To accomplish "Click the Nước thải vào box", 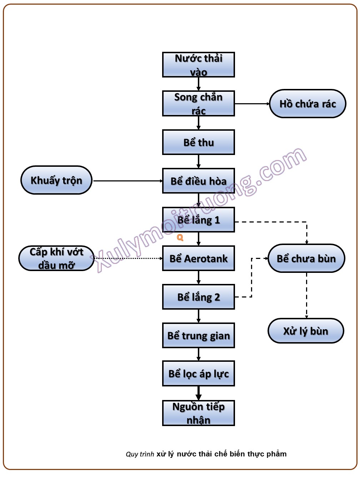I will click(198, 65).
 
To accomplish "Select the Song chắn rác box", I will click(198, 104).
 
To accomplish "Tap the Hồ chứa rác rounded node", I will click(307, 104).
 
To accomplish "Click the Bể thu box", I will click(198, 142).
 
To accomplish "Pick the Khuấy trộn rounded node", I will click(56, 180).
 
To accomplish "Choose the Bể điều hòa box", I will click(198, 181).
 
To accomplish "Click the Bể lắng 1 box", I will click(198, 220).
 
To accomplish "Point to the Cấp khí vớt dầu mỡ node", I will click(56, 258).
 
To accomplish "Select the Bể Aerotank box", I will click(198, 258).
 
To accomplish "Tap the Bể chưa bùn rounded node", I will click(306, 258).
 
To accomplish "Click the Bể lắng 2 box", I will click(198, 297).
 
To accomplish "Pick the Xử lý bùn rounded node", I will click(306, 331).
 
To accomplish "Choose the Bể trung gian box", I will click(198, 335).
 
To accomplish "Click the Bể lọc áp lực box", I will click(198, 374).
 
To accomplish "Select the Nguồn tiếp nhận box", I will click(198, 413).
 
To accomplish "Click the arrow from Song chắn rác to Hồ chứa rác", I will click(252, 104).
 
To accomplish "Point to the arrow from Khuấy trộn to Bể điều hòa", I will click(127, 181).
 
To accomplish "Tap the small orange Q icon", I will click(180, 237).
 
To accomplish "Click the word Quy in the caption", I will click(131, 454).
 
